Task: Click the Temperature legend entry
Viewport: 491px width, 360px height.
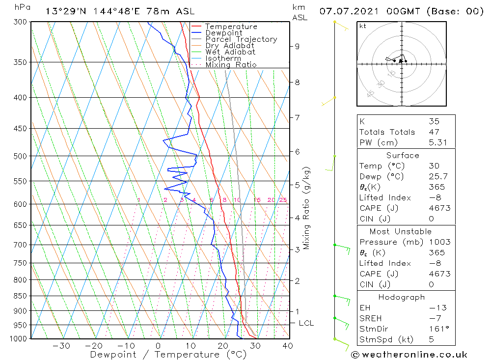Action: pos(231,27)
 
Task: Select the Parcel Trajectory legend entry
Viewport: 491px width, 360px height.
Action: pos(241,39)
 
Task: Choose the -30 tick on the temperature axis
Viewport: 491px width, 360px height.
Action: pos(62,346)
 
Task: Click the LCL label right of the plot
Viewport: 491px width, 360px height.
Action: pos(306,323)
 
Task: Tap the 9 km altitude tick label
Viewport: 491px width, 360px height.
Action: pos(297,46)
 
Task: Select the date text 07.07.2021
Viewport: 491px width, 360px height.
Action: pos(343,11)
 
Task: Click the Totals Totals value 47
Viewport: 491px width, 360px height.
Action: pos(434,132)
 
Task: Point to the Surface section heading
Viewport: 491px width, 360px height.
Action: pos(403,156)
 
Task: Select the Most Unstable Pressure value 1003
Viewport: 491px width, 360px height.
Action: pos(439,242)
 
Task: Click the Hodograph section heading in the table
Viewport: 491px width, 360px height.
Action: pos(402,297)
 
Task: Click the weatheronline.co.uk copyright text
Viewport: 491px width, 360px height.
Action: pos(409,355)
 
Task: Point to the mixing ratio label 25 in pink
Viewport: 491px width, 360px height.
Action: pos(283,200)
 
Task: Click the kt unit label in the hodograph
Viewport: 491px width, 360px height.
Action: pos(362,26)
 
